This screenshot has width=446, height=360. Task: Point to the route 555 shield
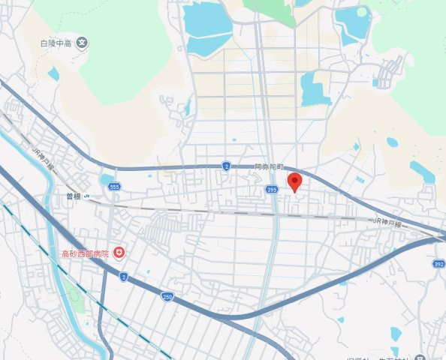pos(113,185)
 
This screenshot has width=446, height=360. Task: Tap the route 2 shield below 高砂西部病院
pos(122,277)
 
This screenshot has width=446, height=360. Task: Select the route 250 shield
pos(167,297)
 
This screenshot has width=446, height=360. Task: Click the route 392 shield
pos(438,264)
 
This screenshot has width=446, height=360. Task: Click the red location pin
pos(295,182)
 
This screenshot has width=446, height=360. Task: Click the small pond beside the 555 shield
pos(104,179)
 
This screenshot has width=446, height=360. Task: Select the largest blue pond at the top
pos(208,28)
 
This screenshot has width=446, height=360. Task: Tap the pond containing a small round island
pos(352,23)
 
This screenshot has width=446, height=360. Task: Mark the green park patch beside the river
pos(73,291)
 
